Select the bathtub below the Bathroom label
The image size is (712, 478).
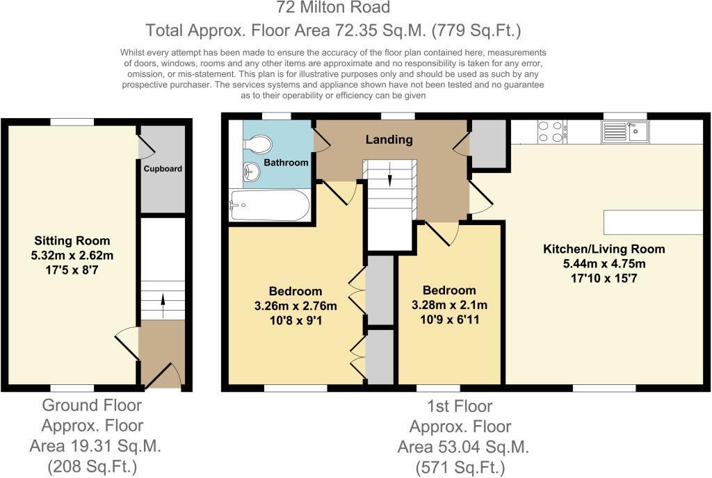coord(270,205)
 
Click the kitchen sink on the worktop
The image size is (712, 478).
coord(625,131)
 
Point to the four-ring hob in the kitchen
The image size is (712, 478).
coord(550,131)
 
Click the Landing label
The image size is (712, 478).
coord(389,140)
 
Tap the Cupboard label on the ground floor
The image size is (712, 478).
coord(163,169)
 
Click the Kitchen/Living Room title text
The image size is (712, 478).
coord(604,249)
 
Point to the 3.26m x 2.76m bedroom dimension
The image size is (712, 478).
coord(296,305)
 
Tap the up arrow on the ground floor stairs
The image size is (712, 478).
coord(163,299)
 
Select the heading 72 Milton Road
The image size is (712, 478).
coord(333,8)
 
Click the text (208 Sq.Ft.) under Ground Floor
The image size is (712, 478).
coord(92,466)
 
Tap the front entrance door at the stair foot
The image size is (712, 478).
coord(167,376)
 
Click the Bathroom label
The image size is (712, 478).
coord(286,163)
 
